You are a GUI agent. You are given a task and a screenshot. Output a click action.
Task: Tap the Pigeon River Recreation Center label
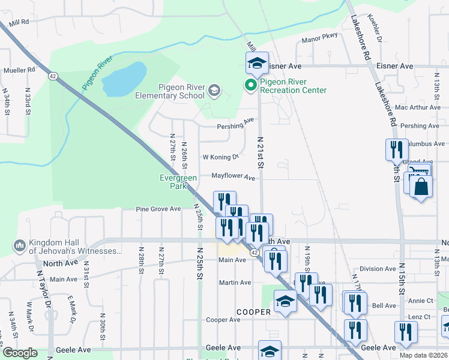293,86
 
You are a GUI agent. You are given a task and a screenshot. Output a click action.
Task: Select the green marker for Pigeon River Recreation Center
250,86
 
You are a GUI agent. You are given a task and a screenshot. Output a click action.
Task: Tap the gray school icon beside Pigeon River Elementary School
214,91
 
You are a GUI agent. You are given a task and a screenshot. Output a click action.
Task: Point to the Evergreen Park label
178,182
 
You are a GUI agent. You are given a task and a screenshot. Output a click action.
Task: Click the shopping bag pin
422,187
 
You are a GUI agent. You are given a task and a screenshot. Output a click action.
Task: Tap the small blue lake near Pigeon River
124,78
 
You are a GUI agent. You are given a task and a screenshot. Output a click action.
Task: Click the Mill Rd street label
17,22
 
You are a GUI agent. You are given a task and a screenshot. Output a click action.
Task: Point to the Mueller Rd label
19,70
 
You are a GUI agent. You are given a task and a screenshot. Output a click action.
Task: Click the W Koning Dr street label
220,157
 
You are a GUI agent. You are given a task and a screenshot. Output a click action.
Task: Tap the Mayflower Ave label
233,177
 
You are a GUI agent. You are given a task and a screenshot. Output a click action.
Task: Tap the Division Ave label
377,269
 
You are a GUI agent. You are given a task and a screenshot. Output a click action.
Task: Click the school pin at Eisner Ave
257,62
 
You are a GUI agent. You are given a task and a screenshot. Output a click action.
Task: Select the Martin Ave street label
235,283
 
